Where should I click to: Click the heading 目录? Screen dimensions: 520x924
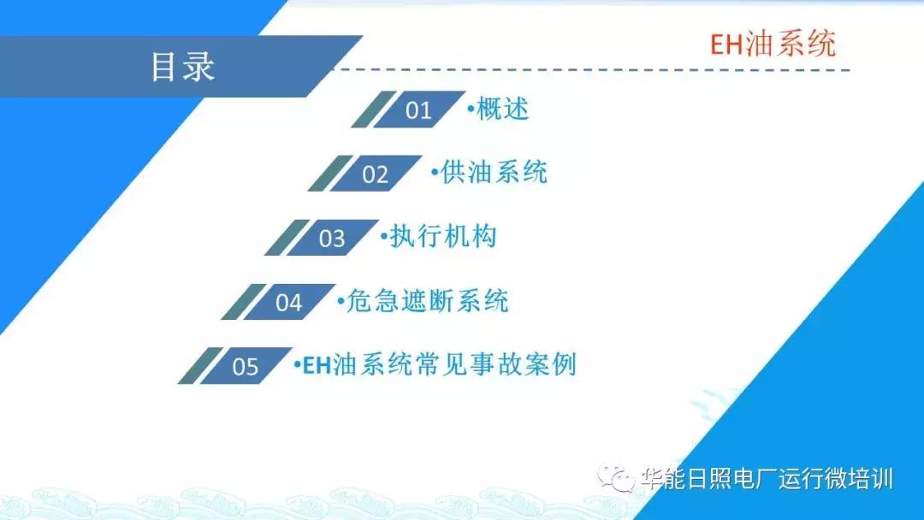click(182, 67)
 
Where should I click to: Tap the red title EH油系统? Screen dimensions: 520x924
click(773, 43)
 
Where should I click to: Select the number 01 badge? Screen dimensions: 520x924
click(419, 109)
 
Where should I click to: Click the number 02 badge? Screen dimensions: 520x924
click(376, 174)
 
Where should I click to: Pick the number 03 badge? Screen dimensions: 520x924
click(332, 238)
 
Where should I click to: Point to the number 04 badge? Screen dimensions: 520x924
click(289, 302)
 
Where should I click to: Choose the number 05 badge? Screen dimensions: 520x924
click(246, 366)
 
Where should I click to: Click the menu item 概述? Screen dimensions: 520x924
click(502, 109)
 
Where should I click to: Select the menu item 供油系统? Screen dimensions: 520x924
click(494, 173)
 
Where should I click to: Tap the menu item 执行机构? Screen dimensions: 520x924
click(442, 237)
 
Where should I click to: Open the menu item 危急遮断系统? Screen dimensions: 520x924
click(427, 301)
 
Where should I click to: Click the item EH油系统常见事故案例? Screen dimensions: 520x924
click(440, 365)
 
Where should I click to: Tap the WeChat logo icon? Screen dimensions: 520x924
click(617, 478)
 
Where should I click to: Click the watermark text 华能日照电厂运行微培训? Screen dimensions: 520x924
click(767, 478)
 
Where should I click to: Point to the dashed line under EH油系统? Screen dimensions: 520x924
click(599, 70)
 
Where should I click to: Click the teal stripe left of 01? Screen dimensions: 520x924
click(366, 109)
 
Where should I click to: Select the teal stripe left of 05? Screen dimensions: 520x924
click(193, 366)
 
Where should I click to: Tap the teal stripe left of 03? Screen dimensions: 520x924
click(280, 238)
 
